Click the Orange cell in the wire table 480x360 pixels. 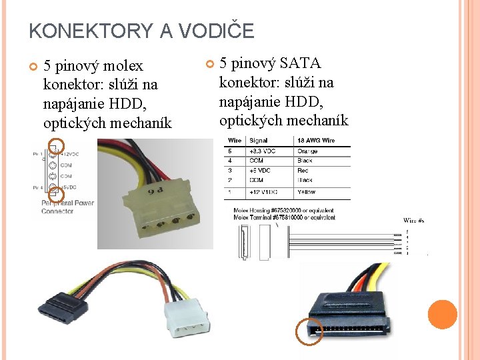click(x=308, y=151)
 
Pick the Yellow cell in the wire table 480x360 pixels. click(x=307, y=192)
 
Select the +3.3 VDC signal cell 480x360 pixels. click(x=263, y=151)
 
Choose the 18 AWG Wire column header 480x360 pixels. click(x=316, y=141)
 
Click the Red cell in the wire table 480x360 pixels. click(x=303, y=171)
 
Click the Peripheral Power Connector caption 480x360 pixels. click(x=67, y=207)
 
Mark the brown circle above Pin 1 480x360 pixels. click(x=57, y=145)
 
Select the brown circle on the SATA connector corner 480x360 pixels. click(x=309, y=331)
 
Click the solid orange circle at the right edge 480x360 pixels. click(x=442, y=315)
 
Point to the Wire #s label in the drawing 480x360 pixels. click(x=413, y=220)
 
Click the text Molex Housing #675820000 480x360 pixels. click(x=283, y=210)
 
